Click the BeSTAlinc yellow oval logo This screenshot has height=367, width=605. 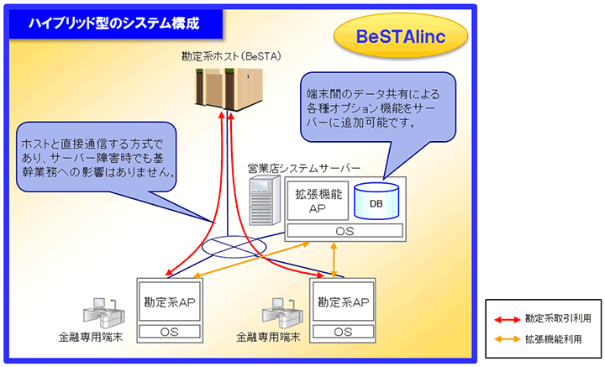[400, 38]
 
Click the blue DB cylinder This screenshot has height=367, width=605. [376, 202]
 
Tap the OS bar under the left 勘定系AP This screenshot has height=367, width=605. [171, 332]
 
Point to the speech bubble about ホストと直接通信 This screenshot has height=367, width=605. [98, 155]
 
